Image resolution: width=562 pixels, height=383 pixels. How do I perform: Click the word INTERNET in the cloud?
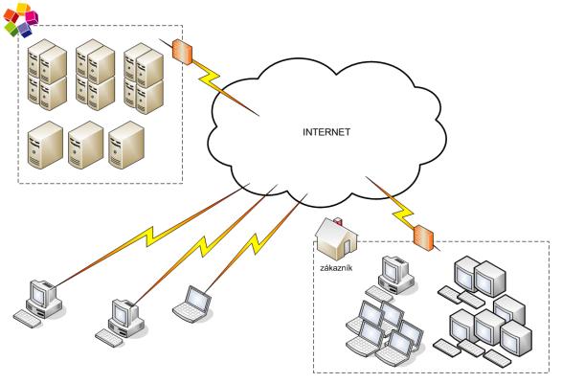(x=326, y=132)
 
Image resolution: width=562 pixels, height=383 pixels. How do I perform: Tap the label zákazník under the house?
(x=336, y=268)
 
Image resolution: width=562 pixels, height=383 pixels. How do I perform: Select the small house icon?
(x=336, y=238)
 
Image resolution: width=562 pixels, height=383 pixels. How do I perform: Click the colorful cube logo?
(x=21, y=20)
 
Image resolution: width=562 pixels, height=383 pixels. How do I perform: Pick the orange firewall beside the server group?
(x=182, y=52)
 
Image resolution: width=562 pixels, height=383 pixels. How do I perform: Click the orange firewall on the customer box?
(x=423, y=237)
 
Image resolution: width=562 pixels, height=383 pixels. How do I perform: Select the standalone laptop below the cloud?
(x=191, y=304)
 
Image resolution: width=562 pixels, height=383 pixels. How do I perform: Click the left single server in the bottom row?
(x=45, y=145)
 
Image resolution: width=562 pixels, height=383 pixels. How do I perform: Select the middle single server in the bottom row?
(x=85, y=145)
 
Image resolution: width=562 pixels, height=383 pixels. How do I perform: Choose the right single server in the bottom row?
(x=126, y=145)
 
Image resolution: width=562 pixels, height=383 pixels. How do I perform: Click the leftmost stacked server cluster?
(x=47, y=75)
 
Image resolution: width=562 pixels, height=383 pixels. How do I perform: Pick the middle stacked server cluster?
(x=96, y=75)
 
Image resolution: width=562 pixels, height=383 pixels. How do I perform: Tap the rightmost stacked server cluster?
(x=144, y=79)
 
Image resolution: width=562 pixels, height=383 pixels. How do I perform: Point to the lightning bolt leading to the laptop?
(x=257, y=243)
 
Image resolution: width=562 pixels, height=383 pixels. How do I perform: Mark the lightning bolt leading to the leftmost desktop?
(x=150, y=236)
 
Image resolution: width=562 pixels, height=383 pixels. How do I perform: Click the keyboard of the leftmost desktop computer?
(x=27, y=319)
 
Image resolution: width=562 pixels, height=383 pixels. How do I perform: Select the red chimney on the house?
(x=338, y=221)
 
